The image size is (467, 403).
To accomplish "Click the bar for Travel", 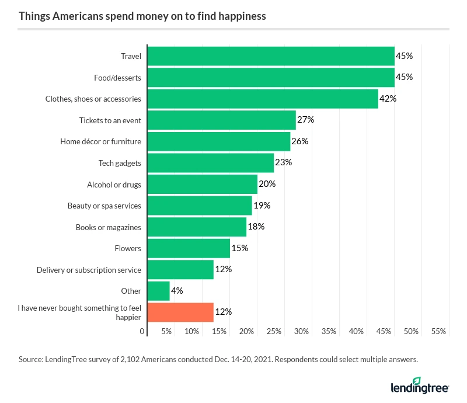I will [x=271, y=56].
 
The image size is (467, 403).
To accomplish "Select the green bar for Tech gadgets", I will [x=210, y=162].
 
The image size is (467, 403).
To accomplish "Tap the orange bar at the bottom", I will [x=180, y=312].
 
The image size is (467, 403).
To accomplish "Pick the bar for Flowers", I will [x=189, y=248].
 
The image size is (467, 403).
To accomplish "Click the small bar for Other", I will [x=158, y=291].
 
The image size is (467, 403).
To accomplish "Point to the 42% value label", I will [x=388, y=99].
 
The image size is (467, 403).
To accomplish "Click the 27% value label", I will [x=306, y=120].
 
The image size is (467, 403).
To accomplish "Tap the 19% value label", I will [x=262, y=206].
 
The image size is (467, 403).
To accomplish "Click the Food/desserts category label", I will [x=117, y=78].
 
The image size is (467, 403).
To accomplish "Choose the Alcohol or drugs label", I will [x=114, y=185].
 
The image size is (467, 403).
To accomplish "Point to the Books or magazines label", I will [x=108, y=227].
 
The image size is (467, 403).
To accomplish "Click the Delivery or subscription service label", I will [x=89, y=270].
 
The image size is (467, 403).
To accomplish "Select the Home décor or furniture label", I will [x=100, y=141].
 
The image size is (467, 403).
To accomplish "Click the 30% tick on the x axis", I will [x=301, y=331].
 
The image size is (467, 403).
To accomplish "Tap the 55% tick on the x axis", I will [x=438, y=331].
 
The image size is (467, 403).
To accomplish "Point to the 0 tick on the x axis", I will [x=142, y=331].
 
